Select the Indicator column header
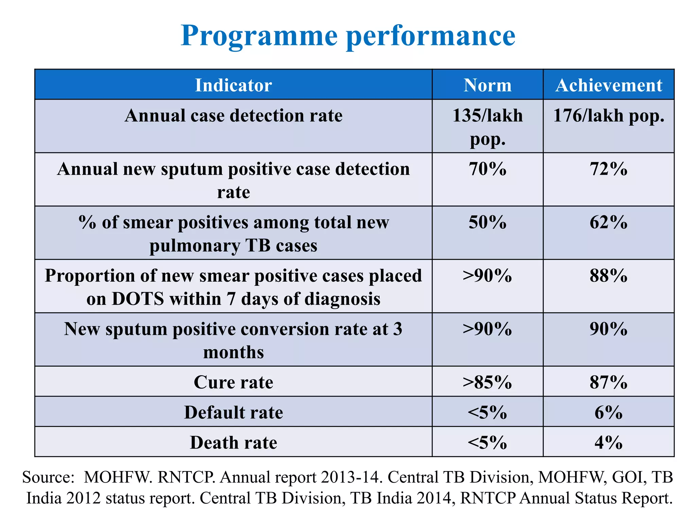point(233,85)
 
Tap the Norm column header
point(487,85)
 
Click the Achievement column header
point(608,85)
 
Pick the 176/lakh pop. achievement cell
point(608,116)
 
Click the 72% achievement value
point(608,169)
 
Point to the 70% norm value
point(487,169)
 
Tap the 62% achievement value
point(608,222)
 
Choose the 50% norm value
point(487,222)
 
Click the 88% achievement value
point(608,276)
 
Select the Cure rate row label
point(233,382)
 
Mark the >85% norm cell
point(487,382)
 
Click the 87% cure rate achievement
point(608,382)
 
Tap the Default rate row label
point(233,412)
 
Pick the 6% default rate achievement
point(608,412)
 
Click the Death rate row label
point(233,442)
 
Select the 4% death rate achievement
point(608,442)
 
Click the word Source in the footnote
point(48,477)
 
